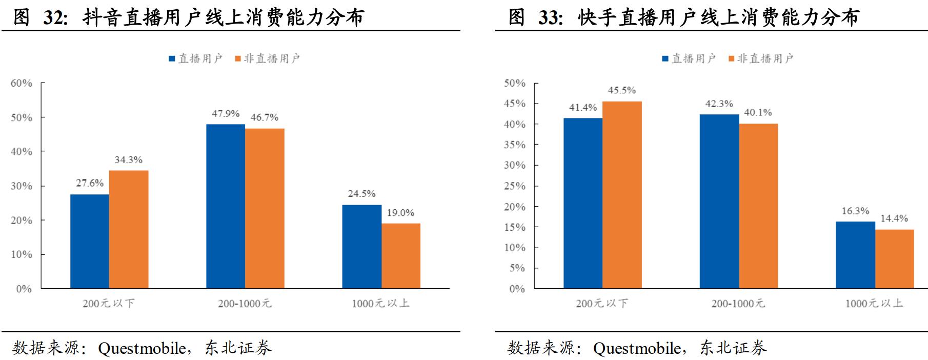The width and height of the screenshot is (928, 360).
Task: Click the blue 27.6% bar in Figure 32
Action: tap(90, 241)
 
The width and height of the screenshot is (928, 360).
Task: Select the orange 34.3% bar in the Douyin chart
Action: tap(129, 229)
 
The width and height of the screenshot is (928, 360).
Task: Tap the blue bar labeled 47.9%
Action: tap(226, 206)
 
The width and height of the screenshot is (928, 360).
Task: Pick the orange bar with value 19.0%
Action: tap(400, 255)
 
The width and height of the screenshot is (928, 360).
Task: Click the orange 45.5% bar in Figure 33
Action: tap(622, 195)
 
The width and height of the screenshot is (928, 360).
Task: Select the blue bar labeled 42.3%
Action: tap(719, 201)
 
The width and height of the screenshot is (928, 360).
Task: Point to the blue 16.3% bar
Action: tap(855, 255)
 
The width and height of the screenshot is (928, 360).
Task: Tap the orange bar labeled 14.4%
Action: tap(894, 259)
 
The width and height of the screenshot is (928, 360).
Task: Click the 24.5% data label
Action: tap(361, 194)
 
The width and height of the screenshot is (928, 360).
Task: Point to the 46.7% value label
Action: tap(265, 117)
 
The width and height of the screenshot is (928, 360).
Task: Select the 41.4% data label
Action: tap(583, 108)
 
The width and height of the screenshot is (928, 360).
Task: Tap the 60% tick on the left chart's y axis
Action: tap(22, 83)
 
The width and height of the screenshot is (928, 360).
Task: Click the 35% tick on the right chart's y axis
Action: tap(515, 145)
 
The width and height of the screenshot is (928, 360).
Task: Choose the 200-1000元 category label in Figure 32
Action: tap(245, 304)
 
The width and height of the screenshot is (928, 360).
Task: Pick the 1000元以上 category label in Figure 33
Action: tap(874, 304)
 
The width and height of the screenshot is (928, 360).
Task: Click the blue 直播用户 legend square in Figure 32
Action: tap(172, 59)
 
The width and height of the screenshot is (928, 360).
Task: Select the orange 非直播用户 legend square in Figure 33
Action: tap(732, 59)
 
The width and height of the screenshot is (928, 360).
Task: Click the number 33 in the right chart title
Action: tap(550, 18)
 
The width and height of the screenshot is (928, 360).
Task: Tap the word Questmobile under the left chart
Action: tap(142, 348)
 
